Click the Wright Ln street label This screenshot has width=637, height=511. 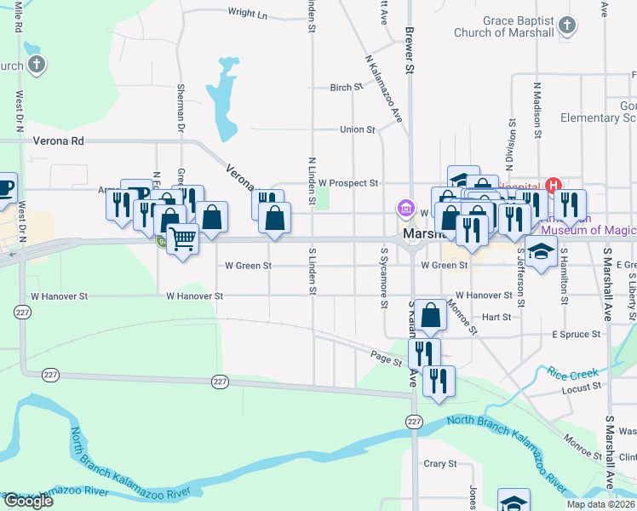[248, 14]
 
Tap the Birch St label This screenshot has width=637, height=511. [346, 88]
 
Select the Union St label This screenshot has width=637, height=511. [358, 129]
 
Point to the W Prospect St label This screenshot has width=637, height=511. [347, 183]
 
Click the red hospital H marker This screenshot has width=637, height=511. [553, 184]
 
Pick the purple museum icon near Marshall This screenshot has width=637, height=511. [405, 209]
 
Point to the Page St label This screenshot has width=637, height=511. [386, 360]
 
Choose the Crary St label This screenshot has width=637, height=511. [440, 464]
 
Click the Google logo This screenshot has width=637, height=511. [28, 501]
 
